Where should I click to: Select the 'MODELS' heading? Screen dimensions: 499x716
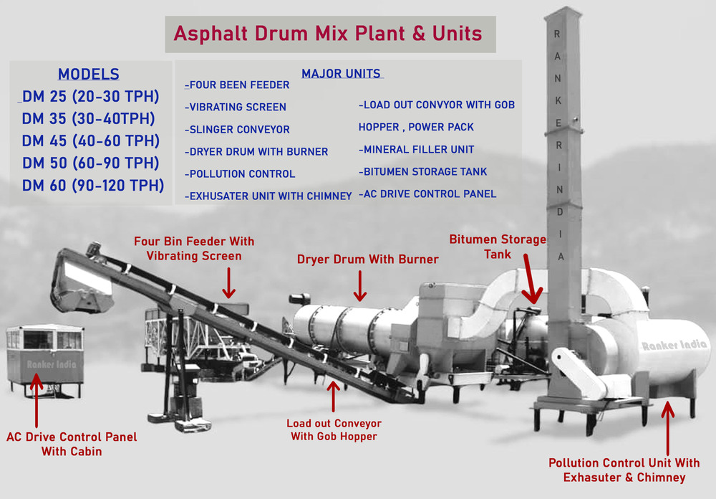(89, 74)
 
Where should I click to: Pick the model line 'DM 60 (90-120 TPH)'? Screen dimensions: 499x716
(93, 185)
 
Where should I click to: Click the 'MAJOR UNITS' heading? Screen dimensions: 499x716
(341, 73)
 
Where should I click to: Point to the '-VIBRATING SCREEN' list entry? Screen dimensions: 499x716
(236, 107)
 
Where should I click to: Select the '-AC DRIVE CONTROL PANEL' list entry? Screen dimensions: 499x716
(427, 194)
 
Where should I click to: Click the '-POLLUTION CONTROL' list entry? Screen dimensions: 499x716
(240, 174)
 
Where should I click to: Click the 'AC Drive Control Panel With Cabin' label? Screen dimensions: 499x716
(72, 444)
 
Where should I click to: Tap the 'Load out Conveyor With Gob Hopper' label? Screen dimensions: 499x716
(334, 429)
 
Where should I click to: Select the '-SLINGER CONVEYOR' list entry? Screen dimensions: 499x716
(237, 129)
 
